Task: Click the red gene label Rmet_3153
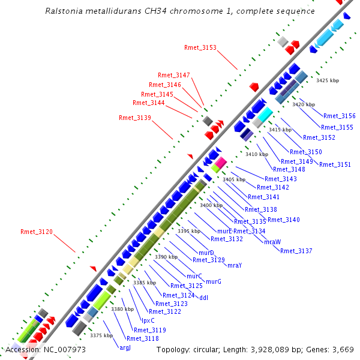pyautogui.click(x=200, y=47)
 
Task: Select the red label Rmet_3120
pyautogui.click(x=37, y=231)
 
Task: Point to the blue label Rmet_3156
pyautogui.click(x=339, y=116)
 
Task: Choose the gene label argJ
pyautogui.click(x=125, y=347)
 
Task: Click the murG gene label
pyautogui.click(x=214, y=281)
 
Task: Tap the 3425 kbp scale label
pyautogui.click(x=328, y=80)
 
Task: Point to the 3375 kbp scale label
pyautogui.click(x=101, y=335)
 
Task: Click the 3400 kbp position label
pyautogui.click(x=211, y=205)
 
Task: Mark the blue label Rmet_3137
pyautogui.click(x=296, y=251)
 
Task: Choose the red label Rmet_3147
pyautogui.click(x=173, y=75)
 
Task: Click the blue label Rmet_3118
pyautogui.click(x=142, y=339)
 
